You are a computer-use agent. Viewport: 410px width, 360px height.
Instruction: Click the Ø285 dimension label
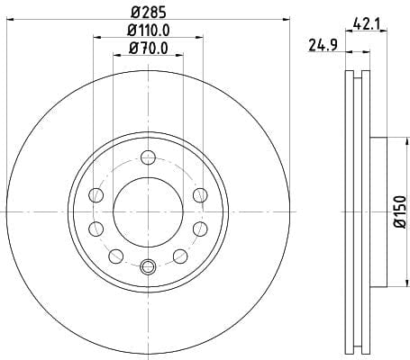pyautogui.click(x=149, y=12)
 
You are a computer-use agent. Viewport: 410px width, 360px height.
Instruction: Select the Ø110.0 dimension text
pyautogui.click(x=149, y=31)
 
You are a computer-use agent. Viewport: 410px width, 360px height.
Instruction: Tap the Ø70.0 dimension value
pyautogui.click(x=149, y=49)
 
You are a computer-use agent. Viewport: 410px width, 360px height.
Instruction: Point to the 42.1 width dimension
pyautogui.click(x=366, y=23)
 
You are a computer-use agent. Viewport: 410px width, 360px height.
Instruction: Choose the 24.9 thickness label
pyautogui.click(x=323, y=46)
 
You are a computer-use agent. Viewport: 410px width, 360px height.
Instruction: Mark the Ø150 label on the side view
pyautogui.click(x=400, y=211)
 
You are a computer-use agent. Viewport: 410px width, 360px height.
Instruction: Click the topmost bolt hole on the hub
pyautogui.click(x=148, y=157)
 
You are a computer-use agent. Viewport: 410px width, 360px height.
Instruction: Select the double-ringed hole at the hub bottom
pyautogui.click(x=148, y=266)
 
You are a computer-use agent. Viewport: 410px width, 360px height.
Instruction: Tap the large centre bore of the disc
pyautogui.click(x=148, y=211)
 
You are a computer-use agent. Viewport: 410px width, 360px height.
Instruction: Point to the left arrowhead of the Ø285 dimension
pyautogui.click(x=10, y=20)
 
